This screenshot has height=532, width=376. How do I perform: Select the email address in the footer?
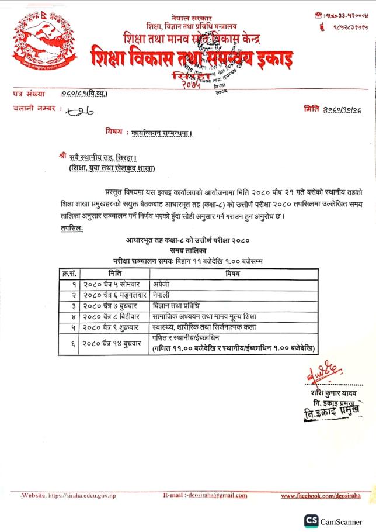tap(205, 495)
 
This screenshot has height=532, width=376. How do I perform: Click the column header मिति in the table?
tap(115, 272)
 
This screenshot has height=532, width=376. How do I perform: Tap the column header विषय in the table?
tap(233, 272)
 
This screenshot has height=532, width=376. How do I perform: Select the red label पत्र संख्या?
tap(29, 93)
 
